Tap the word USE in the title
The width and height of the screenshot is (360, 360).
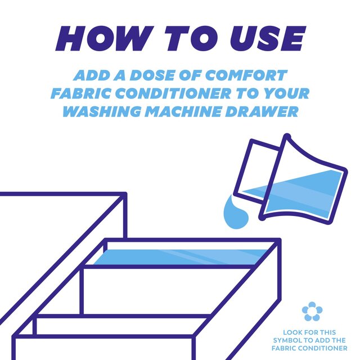(268, 38)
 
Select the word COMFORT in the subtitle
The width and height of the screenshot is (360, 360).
(246, 75)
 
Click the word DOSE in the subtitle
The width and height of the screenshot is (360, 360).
(152, 75)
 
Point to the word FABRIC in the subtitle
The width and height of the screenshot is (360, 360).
(80, 93)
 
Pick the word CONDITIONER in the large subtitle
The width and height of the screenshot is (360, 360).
(173, 93)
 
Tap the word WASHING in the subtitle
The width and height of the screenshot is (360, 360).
(102, 111)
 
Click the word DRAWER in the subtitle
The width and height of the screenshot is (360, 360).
(262, 111)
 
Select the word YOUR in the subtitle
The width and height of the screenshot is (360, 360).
(286, 93)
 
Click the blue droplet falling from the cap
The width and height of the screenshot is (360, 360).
(236, 213)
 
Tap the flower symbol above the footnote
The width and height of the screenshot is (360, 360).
(312, 311)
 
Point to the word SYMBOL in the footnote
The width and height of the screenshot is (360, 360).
(287, 340)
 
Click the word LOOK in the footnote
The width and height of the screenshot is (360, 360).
(292, 332)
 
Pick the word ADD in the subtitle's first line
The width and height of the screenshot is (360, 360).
(92, 75)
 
